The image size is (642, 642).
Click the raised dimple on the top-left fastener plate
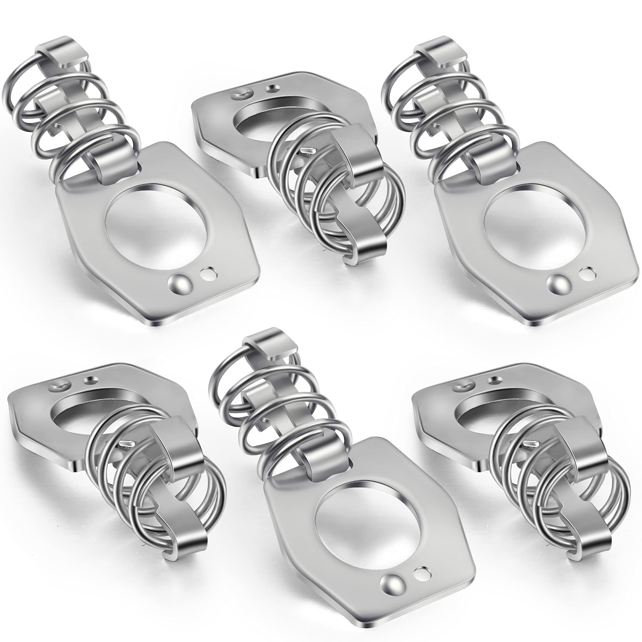point(179,283)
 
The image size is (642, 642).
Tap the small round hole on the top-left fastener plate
point(209,274)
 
